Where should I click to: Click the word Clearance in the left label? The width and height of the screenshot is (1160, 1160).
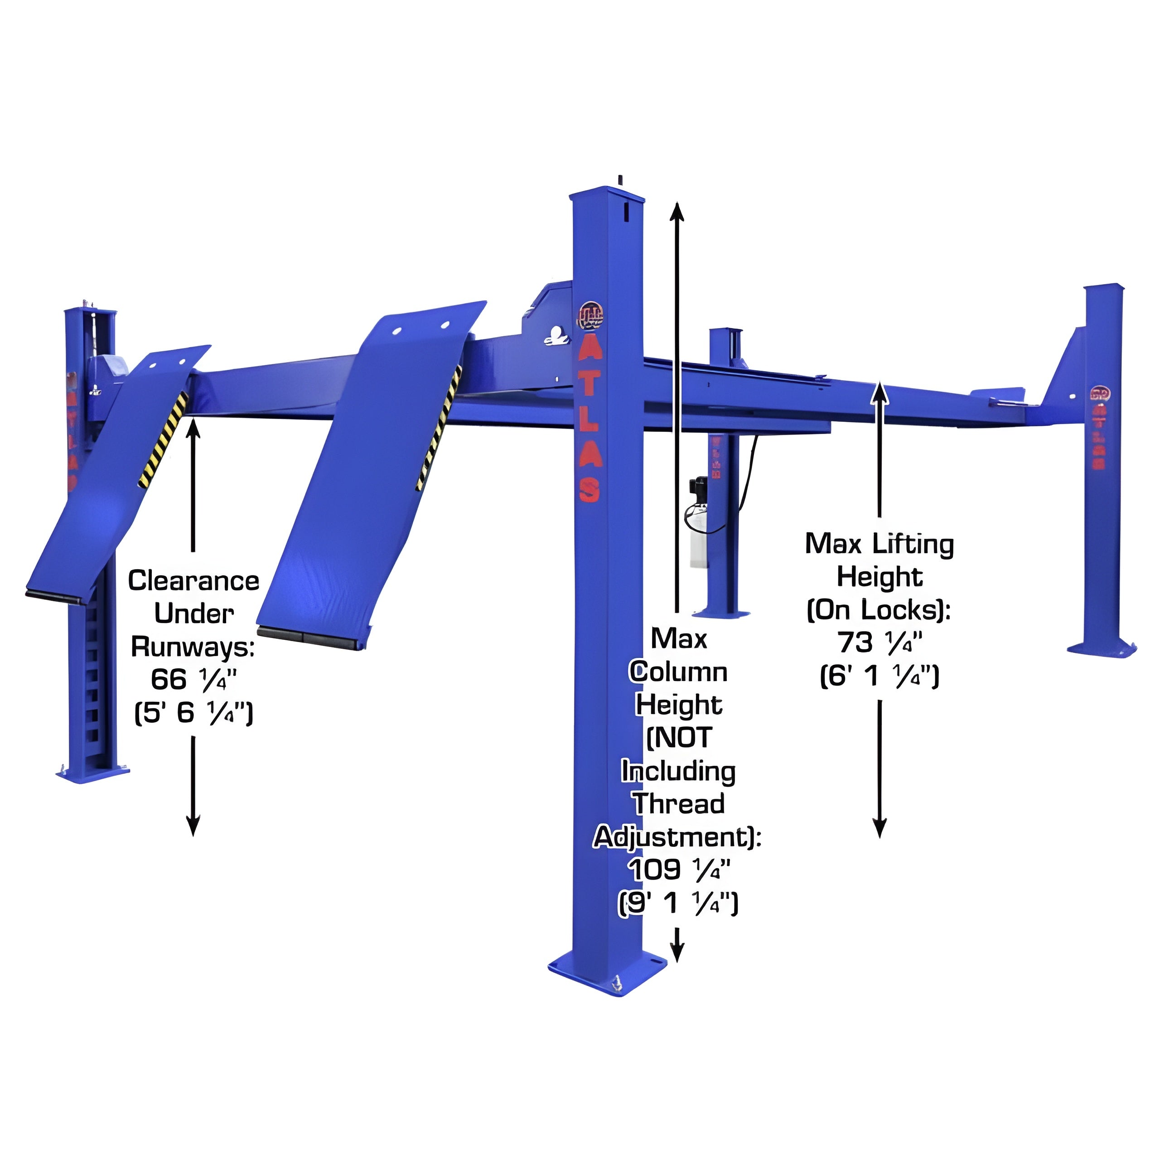(x=193, y=580)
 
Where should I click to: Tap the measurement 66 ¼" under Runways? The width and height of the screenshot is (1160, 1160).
(x=193, y=680)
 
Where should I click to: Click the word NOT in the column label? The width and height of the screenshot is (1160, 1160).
(x=679, y=737)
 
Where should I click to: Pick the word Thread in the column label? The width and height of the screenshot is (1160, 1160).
(x=679, y=803)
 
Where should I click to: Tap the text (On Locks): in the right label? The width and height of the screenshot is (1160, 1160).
(x=879, y=610)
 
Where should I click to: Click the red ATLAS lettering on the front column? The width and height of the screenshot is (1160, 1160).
(x=589, y=423)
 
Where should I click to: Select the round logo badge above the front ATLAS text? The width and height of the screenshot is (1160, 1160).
(x=591, y=316)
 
